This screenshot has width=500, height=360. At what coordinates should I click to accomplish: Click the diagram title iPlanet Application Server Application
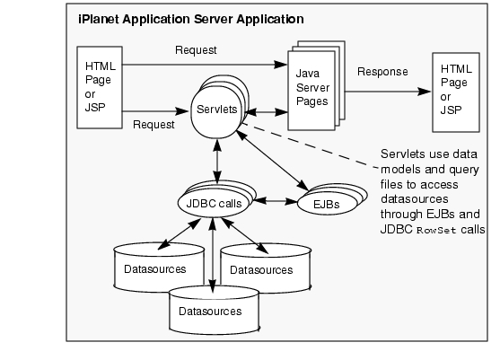pyautogui.click(x=190, y=20)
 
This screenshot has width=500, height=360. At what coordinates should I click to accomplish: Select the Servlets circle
pyautogui.click(x=217, y=110)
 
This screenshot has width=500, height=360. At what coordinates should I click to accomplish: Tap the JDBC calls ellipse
pyautogui.click(x=215, y=204)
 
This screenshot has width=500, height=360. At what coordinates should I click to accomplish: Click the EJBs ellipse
pyautogui.click(x=327, y=205)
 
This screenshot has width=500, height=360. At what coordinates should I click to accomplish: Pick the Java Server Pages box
pyautogui.click(x=311, y=91)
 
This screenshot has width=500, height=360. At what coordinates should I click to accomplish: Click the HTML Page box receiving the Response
pyautogui.click(x=456, y=92)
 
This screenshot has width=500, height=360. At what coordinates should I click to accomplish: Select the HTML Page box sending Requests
pyautogui.click(x=100, y=88)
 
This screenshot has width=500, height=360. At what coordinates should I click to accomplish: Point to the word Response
pyautogui.click(x=382, y=72)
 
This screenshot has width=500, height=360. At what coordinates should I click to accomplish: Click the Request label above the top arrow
pyautogui.click(x=196, y=50)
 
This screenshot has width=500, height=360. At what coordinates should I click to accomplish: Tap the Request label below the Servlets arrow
pyautogui.click(x=154, y=125)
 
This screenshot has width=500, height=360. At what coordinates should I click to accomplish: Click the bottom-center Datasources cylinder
pyautogui.click(x=214, y=310)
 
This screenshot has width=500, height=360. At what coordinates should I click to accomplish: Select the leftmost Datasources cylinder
pyautogui.click(x=159, y=268)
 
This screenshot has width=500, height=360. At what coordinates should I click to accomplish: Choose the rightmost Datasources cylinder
pyautogui.click(x=266, y=268)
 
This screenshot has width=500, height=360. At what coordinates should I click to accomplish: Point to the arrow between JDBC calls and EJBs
pyautogui.click(x=275, y=201)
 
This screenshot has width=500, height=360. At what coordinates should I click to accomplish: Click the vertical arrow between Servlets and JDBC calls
pyautogui.click(x=217, y=162)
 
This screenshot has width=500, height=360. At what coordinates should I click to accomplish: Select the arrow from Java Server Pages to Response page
pyautogui.click(x=388, y=92)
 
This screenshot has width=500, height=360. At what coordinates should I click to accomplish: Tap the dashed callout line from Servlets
pyautogui.click(x=310, y=145)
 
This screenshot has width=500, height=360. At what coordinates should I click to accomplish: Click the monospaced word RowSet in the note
pyautogui.click(x=436, y=231)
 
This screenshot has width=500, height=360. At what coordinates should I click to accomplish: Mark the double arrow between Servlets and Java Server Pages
pyautogui.click(x=268, y=112)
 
